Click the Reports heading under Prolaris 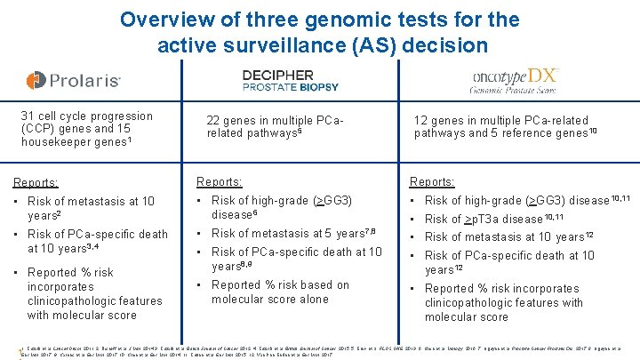coord(36,183)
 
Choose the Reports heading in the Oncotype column coord(432,182)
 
